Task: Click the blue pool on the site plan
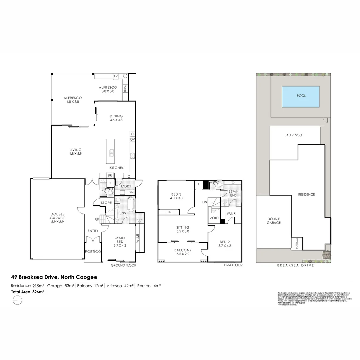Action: pyautogui.click(x=301, y=97)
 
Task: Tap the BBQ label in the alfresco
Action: pyautogui.click(x=125, y=89)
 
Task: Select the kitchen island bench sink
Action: pyautogui.click(x=112, y=153)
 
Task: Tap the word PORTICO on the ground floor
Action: pyautogui.click(x=93, y=252)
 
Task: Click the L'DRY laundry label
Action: pyautogui.click(x=126, y=186)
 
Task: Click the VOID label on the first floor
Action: pyautogui.click(x=214, y=218)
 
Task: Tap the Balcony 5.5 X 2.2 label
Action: pyautogui.click(x=182, y=252)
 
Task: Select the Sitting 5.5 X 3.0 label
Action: pyautogui.click(x=182, y=229)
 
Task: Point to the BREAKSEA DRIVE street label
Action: pyautogui.click(x=295, y=266)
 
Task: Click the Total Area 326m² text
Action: pyautogui.click(x=27, y=292)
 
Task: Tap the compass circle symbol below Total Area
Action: pyautogui.click(x=17, y=300)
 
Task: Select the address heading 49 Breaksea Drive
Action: pyautogui.click(x=54, y=277)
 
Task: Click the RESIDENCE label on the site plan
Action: pyautogui.click(x=306, y=194)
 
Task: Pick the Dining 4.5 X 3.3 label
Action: pyautogui.click(x=116, y=118)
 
